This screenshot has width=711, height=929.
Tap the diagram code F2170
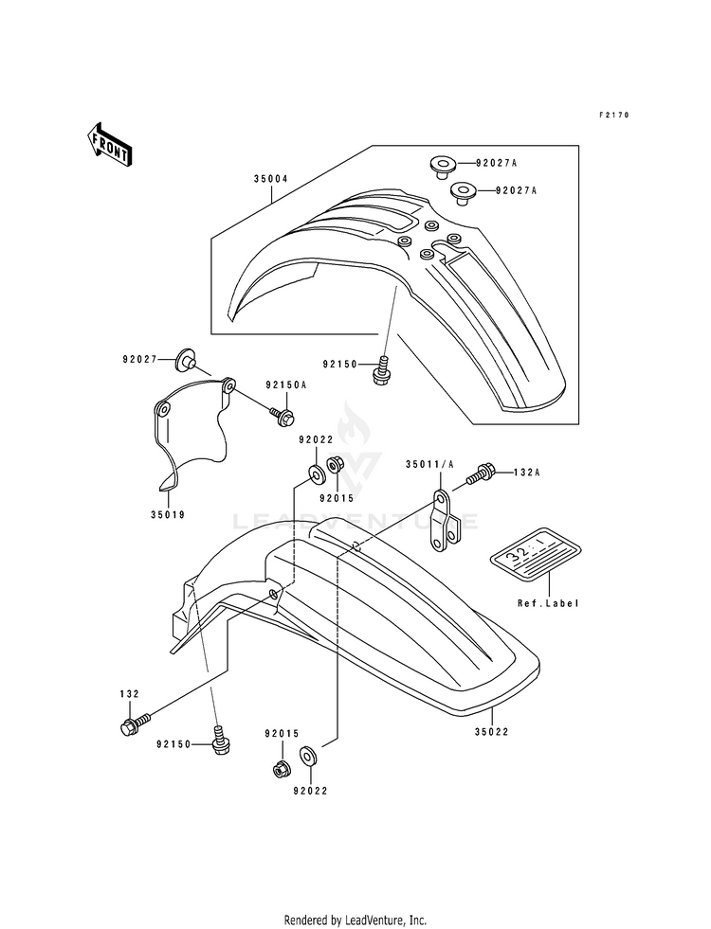(x=613, y=115)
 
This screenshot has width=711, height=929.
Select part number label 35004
(x=271, y=178)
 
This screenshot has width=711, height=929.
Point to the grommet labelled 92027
(x=185, y=360)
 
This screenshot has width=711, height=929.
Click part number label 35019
(x=168, y=515)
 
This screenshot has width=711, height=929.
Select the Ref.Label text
(x=548, y=604)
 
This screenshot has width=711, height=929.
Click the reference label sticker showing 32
(x=536, y=552)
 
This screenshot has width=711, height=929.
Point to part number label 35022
(x=492, y=732)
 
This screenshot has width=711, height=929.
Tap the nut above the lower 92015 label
(x=281, y=768)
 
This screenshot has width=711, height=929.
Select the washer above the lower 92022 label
(x=308, y=756)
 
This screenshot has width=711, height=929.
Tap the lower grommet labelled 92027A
(x=464, y=193)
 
